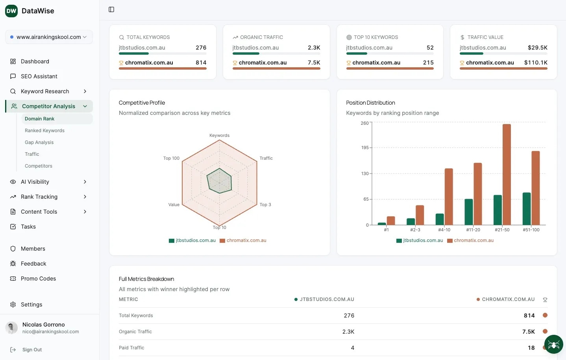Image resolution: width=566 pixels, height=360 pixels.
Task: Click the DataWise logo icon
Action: pos(11,11)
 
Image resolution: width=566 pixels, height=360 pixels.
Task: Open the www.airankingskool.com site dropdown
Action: pos(49,37)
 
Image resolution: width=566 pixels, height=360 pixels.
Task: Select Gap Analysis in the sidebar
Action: pos(39,142)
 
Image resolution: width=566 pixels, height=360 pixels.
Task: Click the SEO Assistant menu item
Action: pos(39,76)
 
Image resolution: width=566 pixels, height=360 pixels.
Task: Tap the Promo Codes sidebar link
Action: pos(38,279)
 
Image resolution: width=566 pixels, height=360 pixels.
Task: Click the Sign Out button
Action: pos(32,350)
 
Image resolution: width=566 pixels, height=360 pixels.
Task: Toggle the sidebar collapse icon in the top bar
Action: pos(111,9)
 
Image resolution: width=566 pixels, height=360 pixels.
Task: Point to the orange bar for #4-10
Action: pos(449,196)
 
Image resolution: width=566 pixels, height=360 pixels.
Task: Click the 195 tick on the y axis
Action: pos(365,148)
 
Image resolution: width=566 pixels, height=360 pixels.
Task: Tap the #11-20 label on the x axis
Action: pos(473,230)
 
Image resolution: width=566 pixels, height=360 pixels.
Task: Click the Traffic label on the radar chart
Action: pos(266,158)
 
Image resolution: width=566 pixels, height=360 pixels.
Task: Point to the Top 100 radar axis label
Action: pos(171,158)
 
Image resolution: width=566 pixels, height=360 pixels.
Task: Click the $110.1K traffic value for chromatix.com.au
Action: pos(536,63)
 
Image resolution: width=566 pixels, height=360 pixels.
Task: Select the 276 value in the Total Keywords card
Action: pos(201,48)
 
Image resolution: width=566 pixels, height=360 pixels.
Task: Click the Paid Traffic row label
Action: pos(131,348)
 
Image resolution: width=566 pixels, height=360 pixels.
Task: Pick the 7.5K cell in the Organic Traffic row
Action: pos(528,332)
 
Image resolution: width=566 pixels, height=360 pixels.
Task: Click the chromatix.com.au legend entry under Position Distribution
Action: pos(473,240)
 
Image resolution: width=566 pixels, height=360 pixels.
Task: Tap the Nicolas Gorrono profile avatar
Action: pos(12,328)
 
